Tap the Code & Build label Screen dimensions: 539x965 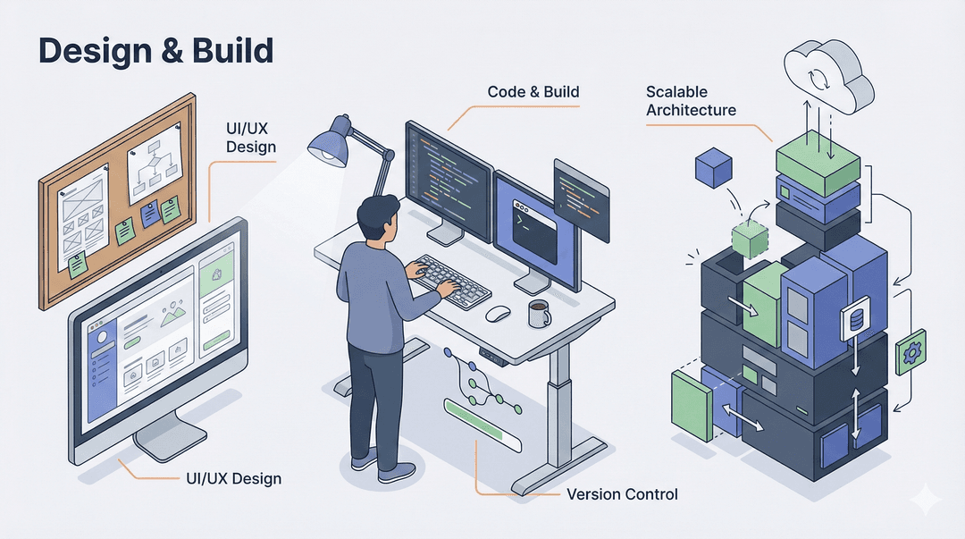point(533,92)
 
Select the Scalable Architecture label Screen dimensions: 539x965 point(691,101)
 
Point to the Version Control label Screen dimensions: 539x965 point(622,494)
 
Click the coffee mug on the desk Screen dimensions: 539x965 point(539,313)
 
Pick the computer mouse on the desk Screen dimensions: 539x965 point(498,314)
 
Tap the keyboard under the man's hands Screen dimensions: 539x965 point(451,281)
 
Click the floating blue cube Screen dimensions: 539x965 point(713,167)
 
